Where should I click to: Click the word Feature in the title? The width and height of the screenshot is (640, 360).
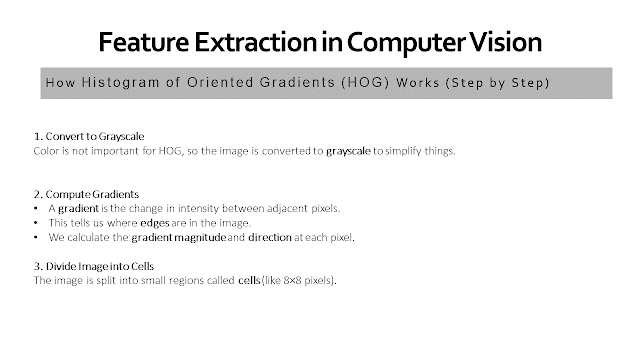144,42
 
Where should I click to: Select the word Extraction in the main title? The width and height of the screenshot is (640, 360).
256,42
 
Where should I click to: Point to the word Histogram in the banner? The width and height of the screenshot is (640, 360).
120,83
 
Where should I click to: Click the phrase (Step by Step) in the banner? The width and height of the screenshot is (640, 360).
498,83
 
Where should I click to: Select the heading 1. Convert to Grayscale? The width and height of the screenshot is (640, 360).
89,136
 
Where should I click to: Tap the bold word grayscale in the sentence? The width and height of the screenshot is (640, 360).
348,151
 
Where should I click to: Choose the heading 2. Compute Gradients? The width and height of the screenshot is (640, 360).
86,194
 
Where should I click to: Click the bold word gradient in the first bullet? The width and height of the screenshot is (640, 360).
78,209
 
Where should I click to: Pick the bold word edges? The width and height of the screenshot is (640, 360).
155,223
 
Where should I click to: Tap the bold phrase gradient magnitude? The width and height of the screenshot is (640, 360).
179,238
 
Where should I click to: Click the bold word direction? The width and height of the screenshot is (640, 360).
270,238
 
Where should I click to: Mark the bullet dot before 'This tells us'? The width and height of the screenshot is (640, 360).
36,223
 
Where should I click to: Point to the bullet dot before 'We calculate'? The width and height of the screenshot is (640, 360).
36,238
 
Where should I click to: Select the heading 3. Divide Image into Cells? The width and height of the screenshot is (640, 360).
94,267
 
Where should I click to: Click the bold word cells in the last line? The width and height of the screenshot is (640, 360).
249,280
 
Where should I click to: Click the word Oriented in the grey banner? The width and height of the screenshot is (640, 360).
220,82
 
